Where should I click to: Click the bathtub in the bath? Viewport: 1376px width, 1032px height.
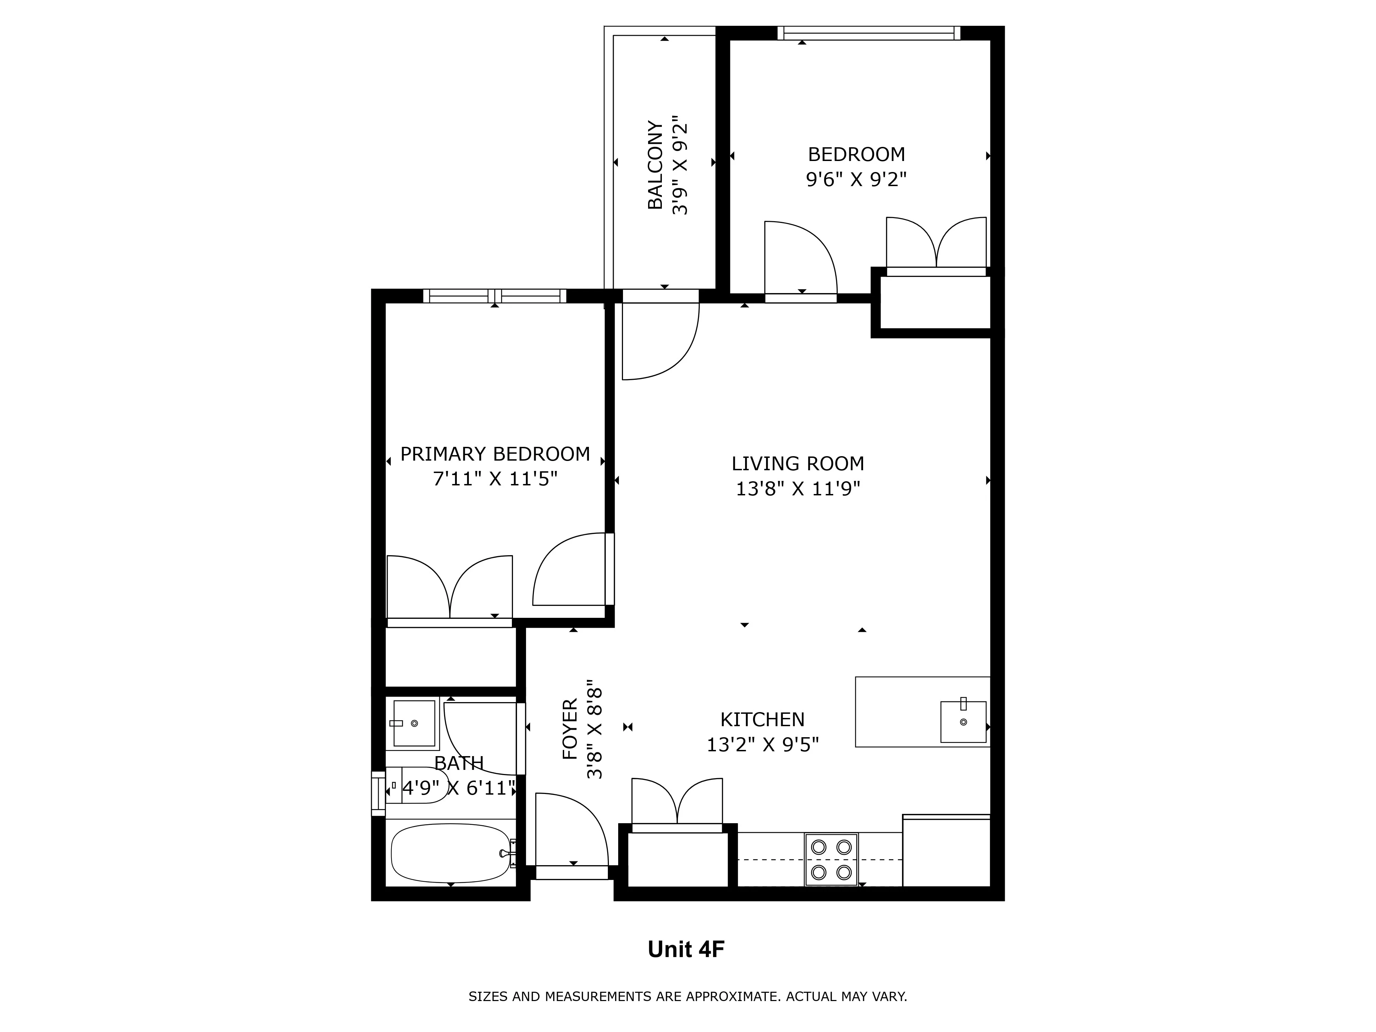tap(451, 853)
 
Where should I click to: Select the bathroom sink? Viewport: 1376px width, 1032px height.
tap(414, 723)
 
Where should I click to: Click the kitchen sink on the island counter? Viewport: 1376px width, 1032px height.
tap(963, 722)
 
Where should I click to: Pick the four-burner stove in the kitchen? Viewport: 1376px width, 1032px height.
tap(831, 859)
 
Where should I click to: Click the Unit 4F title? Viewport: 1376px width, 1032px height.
tap(686, 949)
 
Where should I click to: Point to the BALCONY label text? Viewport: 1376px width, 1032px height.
tap(656, 165)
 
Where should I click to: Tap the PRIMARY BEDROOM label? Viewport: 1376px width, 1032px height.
tap(495, 454)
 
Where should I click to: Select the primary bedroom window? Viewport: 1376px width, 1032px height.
tap(495, 296)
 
